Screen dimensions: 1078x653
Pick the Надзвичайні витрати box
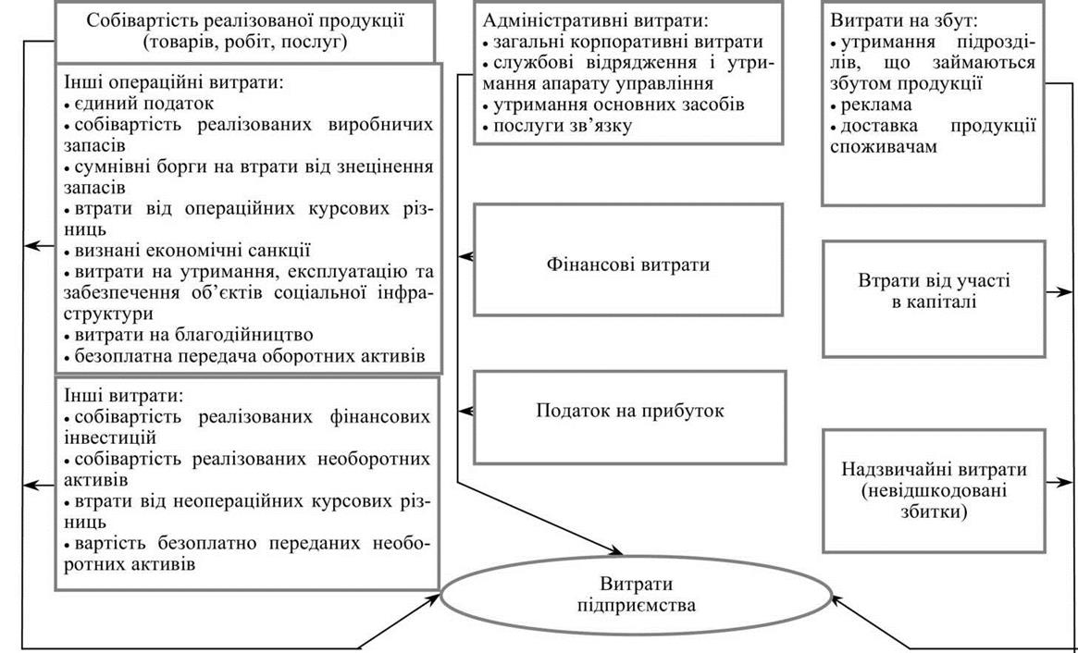(x=934, y=491)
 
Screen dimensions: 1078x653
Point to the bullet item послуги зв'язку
(x=557, y=127)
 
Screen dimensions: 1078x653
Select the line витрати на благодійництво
(x=189, y=336)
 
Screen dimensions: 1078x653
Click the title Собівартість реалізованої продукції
(x=245, y=20)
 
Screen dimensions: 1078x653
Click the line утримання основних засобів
(x=613, y=105)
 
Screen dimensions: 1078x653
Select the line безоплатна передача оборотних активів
(x=245, y=357)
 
